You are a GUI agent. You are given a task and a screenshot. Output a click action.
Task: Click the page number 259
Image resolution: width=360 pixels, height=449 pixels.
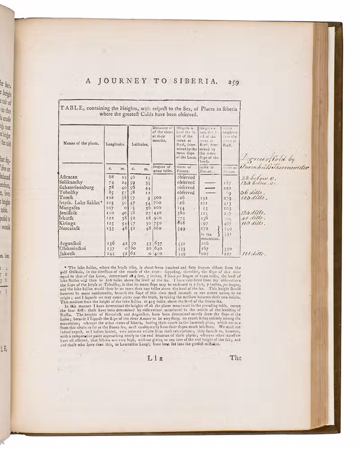[x=235, y=82]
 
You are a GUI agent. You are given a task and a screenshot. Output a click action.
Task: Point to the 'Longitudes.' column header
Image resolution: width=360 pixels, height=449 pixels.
[x=115, y=145]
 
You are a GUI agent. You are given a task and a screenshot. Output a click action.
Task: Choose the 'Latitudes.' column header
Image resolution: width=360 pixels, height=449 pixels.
[x=140, y=145]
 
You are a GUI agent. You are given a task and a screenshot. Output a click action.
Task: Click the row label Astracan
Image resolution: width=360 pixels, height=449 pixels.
[x=69, y=177]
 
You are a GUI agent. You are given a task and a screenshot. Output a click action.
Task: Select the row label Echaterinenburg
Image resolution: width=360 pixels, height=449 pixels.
[x=76, y=187]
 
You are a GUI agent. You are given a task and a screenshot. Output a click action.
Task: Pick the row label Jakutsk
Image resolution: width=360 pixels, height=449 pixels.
[x=69, y=254]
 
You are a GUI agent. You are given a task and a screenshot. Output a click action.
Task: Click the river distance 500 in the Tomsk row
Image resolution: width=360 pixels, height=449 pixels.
[x=157, y=198]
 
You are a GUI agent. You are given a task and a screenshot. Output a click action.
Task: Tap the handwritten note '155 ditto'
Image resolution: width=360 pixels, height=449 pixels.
[x=254, y=254]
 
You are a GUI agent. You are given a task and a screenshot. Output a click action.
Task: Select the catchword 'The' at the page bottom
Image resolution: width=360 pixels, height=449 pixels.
[x=235, y=358]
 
